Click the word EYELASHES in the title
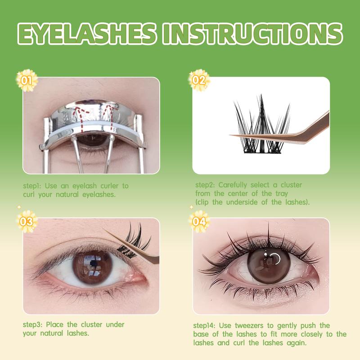point(86,34)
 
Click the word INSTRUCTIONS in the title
point(252,34)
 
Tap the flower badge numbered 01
point(27,81)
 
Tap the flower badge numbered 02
point(199,81)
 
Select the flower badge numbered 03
point(27,221)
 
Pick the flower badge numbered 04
point(199,221)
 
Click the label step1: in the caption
point(32,186)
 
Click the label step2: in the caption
point(205,185)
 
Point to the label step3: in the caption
point(32,325)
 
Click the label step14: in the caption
point(204,326)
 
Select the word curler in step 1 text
point(109,186)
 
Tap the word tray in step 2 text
point(282,194)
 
